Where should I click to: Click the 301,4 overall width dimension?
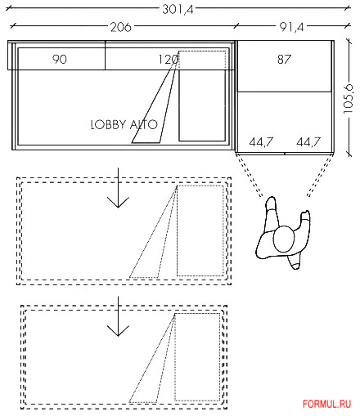pyautogui.click(x=178, y=9)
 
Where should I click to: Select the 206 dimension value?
pyautogui.click(x=120, y=27)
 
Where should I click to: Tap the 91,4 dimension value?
pyautogui.click(x=291, y=27)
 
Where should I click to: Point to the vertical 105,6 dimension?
pyautogui.click(x=348, y=99)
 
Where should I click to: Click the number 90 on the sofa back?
pyautogui.click(x=60, y=59)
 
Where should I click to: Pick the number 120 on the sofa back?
pyautogui.click(x=169, y=59)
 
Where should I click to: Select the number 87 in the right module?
pyautogui.click(x=284, y=59)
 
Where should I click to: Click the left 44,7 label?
pyautogui.click(x=261, y=141)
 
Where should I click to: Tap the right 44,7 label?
pyautogui.click(x=308, y=141)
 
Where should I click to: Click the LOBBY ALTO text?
pyautogui.click(x=124, y=124)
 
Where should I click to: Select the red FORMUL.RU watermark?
pyautogui.click(x=326, y=404)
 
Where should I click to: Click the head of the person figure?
pyautogui.click(x=284, y=239)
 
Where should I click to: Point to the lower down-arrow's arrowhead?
pyautogui.click(x=118, y=330)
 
